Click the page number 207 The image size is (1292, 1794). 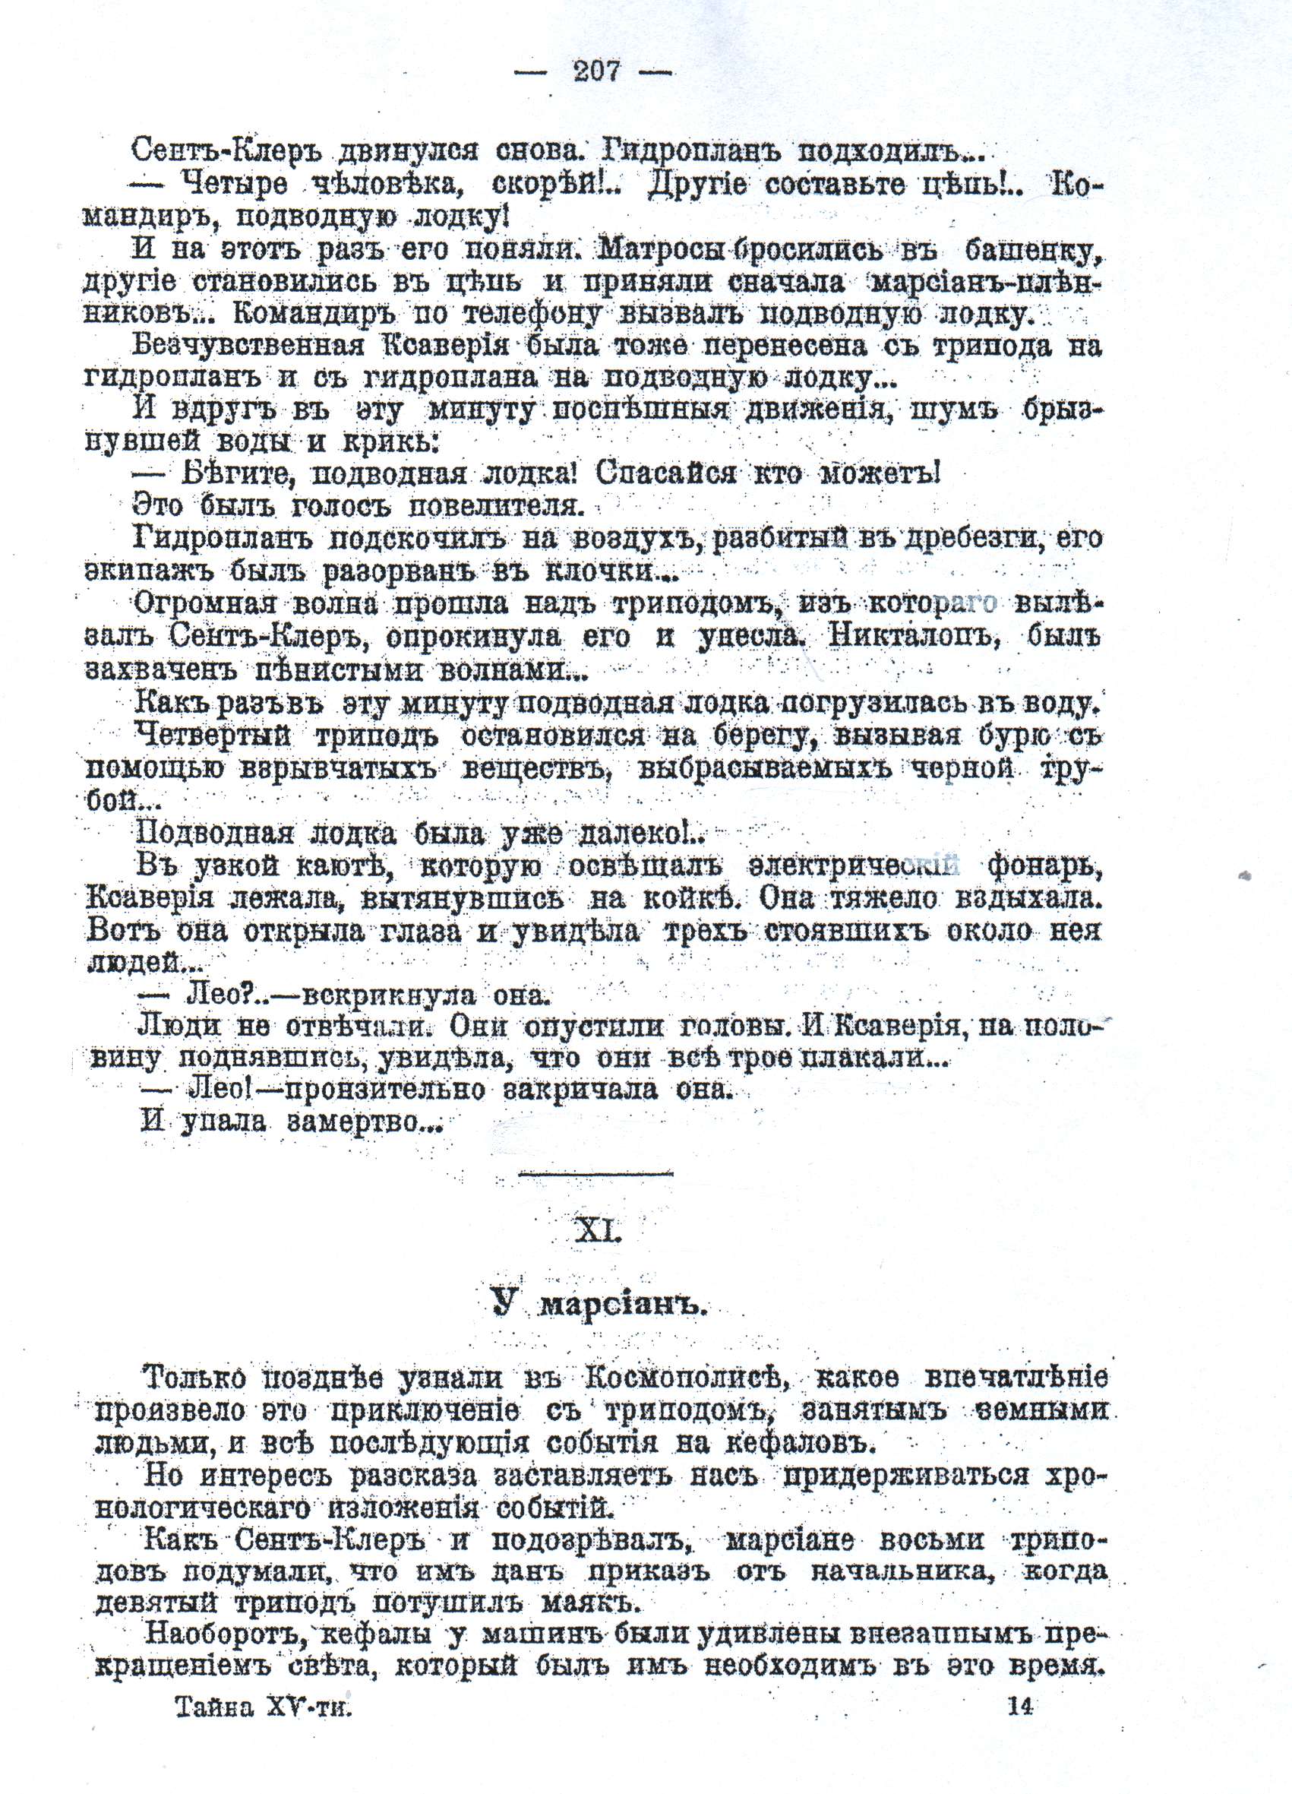pos(597,72)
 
